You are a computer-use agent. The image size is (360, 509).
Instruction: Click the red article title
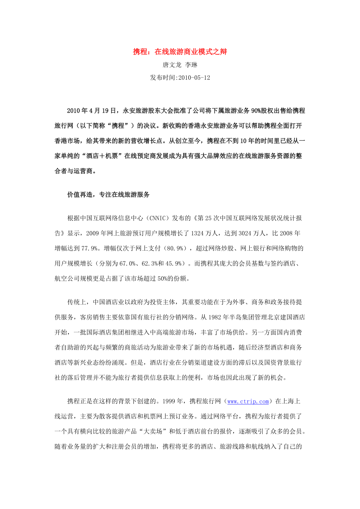click(x=180, y=52)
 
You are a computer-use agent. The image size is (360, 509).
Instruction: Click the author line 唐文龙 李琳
click(x=180, y=65)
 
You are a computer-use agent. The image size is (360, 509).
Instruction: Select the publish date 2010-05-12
click(x=194, y=78)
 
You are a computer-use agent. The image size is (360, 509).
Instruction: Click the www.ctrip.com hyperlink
click(x=248, y=401)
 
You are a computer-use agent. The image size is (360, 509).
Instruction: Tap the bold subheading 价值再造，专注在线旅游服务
click(x=108, y=194)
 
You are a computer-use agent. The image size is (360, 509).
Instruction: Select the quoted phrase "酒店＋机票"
click(x=99, y=156)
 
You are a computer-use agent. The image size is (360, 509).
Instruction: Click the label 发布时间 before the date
click(x=163, y=78)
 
